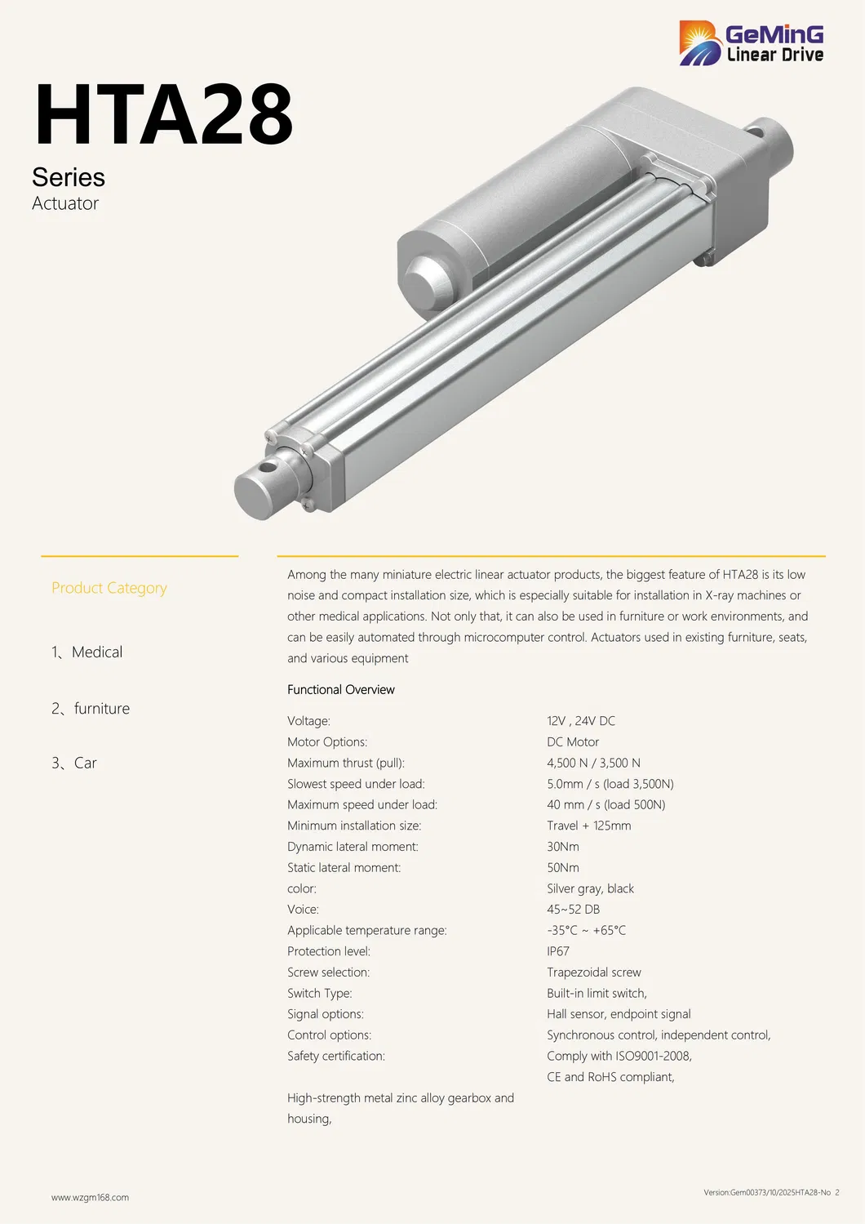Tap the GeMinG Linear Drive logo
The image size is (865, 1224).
coord(751,43)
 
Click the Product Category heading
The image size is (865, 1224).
coord(109,588)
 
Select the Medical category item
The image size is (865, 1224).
coord(87,652)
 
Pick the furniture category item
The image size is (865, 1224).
coord(91,709)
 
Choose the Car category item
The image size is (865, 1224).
coord(74,763)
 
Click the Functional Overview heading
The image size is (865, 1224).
coord(341,690)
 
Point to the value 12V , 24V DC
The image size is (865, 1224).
coord(581,721)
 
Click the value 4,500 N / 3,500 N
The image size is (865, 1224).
coord(593,763)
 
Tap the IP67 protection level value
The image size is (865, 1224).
coord(558,951)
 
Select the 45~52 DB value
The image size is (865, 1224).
coord(573,910)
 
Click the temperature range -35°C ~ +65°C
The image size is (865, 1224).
coord(586,930)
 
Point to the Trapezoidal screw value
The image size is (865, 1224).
coord(593,973)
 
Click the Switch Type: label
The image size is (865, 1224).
coord(319,993)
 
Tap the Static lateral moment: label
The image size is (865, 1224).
coord(344,867)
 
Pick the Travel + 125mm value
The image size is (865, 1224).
coord(588,826)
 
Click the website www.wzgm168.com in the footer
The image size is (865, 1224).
coord(90,1198)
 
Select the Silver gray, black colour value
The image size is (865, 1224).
coord(590,888)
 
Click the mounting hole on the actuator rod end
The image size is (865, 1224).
coord(267,469)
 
